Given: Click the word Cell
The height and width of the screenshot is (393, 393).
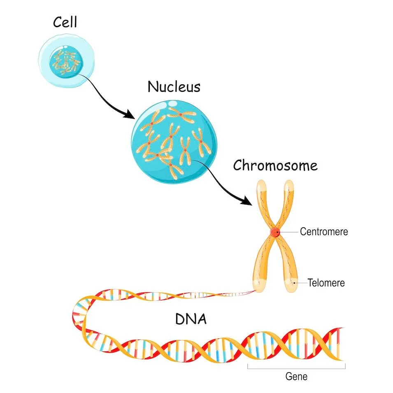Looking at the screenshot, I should tap(65, 22).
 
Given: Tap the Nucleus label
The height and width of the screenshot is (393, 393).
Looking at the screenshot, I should tap(174, 87).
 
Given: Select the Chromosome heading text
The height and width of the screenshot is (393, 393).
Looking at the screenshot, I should tap(275, 165).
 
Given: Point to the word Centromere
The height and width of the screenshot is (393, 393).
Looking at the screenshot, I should tap(324, 232).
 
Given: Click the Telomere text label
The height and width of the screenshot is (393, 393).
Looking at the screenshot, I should tap(326, 283).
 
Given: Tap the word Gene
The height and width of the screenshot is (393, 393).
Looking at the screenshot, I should tap(296, 376).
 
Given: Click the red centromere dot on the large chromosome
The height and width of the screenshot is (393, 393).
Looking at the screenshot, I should tap(275, 233).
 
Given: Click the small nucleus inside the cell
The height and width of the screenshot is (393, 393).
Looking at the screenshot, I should tap(66, 63).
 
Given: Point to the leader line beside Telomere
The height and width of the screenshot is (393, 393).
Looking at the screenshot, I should tap(302, 283).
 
